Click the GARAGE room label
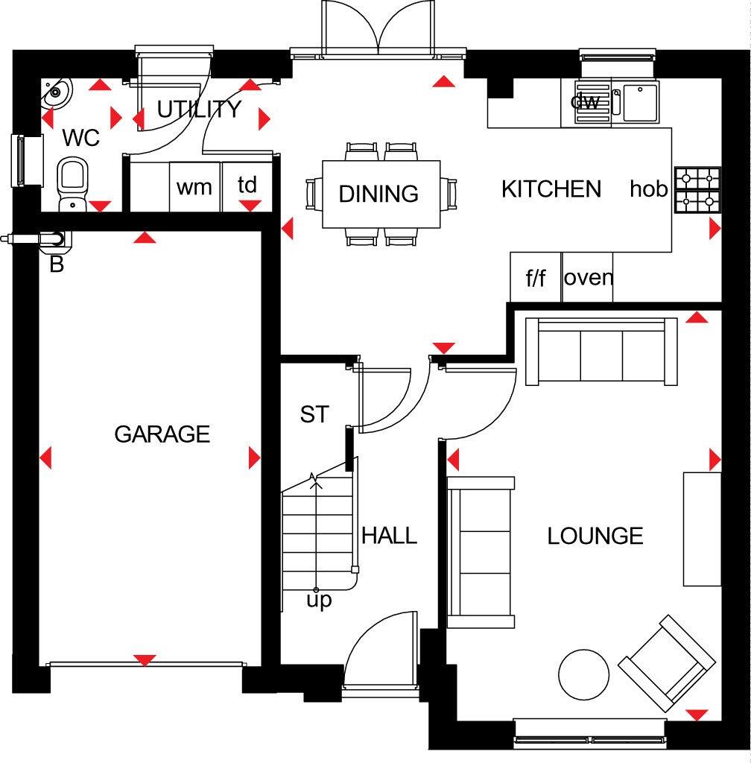click(x=162, y=434)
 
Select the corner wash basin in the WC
click(x=55, y=93)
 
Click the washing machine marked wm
click(x=194, y=186)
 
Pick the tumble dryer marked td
click(x=247, y=186)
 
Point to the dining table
click(x=380, y=194)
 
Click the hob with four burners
click(x=697, y=190)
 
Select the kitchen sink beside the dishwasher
click(x=640, y=102)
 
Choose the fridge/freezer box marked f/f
click(x=536, y=278)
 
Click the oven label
click(x=589, y=278)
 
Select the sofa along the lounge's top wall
click(x=602, y=351)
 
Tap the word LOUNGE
click(x=595, y=536)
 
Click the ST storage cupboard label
click(x=314, y=414)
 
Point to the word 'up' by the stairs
click(x=319, y=600)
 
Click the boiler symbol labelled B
click(x=54, y=240)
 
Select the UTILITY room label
click(x=199, y=110)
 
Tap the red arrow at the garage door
click(x=145, y=660)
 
